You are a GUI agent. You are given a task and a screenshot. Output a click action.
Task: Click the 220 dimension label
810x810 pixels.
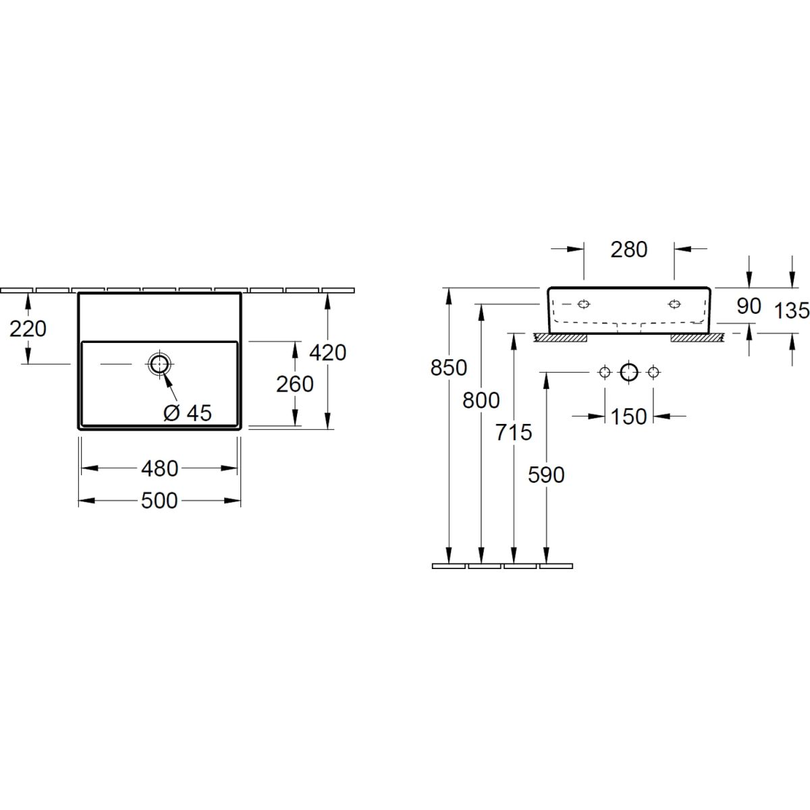click(28, 329)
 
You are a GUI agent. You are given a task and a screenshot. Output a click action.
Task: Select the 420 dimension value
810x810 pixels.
click(327, 352)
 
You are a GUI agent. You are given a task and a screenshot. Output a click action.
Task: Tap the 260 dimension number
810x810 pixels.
click(295, 384)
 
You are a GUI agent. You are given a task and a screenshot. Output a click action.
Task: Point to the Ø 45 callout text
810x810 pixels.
click(188, 413)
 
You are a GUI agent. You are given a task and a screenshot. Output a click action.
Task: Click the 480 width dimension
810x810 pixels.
click(160, 468)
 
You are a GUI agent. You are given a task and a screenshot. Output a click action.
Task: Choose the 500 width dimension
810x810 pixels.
click(159, 501)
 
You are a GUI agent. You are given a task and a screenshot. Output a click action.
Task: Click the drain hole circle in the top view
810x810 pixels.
click(160, 364)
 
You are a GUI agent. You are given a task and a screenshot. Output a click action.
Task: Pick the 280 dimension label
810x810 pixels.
click(629, 250)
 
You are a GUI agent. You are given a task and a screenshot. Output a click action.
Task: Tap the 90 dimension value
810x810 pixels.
click(749, 306)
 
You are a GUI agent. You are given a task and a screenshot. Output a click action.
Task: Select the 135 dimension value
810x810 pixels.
click(792, 310)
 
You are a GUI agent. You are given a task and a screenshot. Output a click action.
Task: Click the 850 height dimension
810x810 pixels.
click(448, 368)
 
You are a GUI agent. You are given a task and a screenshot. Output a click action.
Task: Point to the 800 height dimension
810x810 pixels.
click(481, 400)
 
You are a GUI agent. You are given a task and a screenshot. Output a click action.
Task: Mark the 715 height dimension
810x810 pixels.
click(513, 432)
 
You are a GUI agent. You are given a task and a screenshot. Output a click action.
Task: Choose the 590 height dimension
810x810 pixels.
click(546, 475)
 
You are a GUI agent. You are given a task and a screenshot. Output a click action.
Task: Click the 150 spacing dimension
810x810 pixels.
click(628, 416)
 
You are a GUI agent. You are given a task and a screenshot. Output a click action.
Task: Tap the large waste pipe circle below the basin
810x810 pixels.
click(629, 372)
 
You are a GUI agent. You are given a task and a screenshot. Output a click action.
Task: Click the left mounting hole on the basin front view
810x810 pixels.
click(584, 304)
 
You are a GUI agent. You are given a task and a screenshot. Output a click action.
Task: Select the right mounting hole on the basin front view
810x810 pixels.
click(674, 304)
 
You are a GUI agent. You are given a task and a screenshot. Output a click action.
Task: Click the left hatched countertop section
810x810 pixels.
click(560, 337)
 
